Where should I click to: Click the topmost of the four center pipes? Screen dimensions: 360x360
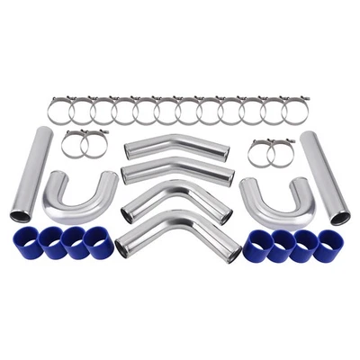point(176,144)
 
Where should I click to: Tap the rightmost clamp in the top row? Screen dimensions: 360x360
point(296,110)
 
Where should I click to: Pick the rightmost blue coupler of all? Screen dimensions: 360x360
point(328,245)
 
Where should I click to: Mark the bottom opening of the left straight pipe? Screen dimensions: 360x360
point(20,215)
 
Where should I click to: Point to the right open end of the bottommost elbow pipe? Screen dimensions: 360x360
point(229,256)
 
